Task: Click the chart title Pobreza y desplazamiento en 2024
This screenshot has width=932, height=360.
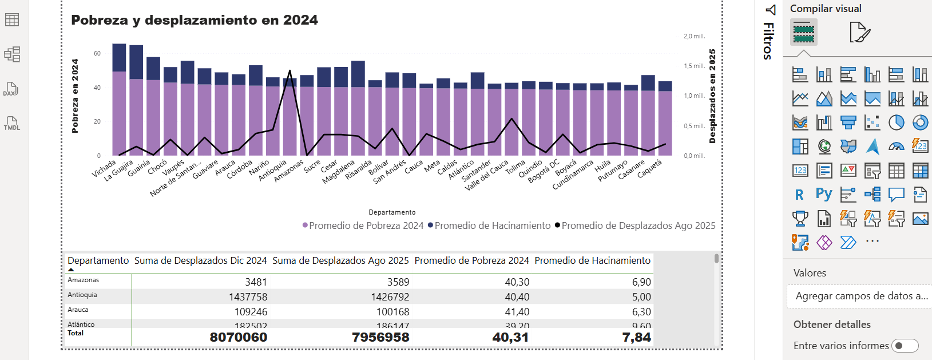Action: (194, 20)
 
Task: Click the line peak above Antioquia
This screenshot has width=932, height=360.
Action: (289, 71)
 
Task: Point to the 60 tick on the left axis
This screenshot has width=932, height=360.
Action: (97, 53)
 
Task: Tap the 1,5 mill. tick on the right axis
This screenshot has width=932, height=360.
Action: (694, 66)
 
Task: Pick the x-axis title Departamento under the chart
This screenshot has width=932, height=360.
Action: (392, 212)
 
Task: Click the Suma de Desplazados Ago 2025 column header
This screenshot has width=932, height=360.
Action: (340, 261)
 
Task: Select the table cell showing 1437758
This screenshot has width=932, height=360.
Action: (248, 297)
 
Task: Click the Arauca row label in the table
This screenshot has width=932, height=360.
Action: (78, 310)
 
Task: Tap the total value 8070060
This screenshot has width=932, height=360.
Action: (239, 337)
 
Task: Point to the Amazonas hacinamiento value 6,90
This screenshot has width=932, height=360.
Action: (641, 282)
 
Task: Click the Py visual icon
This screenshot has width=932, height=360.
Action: (824, 194)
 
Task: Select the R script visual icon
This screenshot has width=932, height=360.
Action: (799, 195)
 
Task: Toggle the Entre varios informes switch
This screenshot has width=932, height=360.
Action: (905, 346)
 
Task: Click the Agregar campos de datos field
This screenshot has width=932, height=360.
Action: (861, 296)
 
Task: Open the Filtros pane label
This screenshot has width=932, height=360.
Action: (768, 40)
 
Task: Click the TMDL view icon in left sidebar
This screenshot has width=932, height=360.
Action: (12, 123)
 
